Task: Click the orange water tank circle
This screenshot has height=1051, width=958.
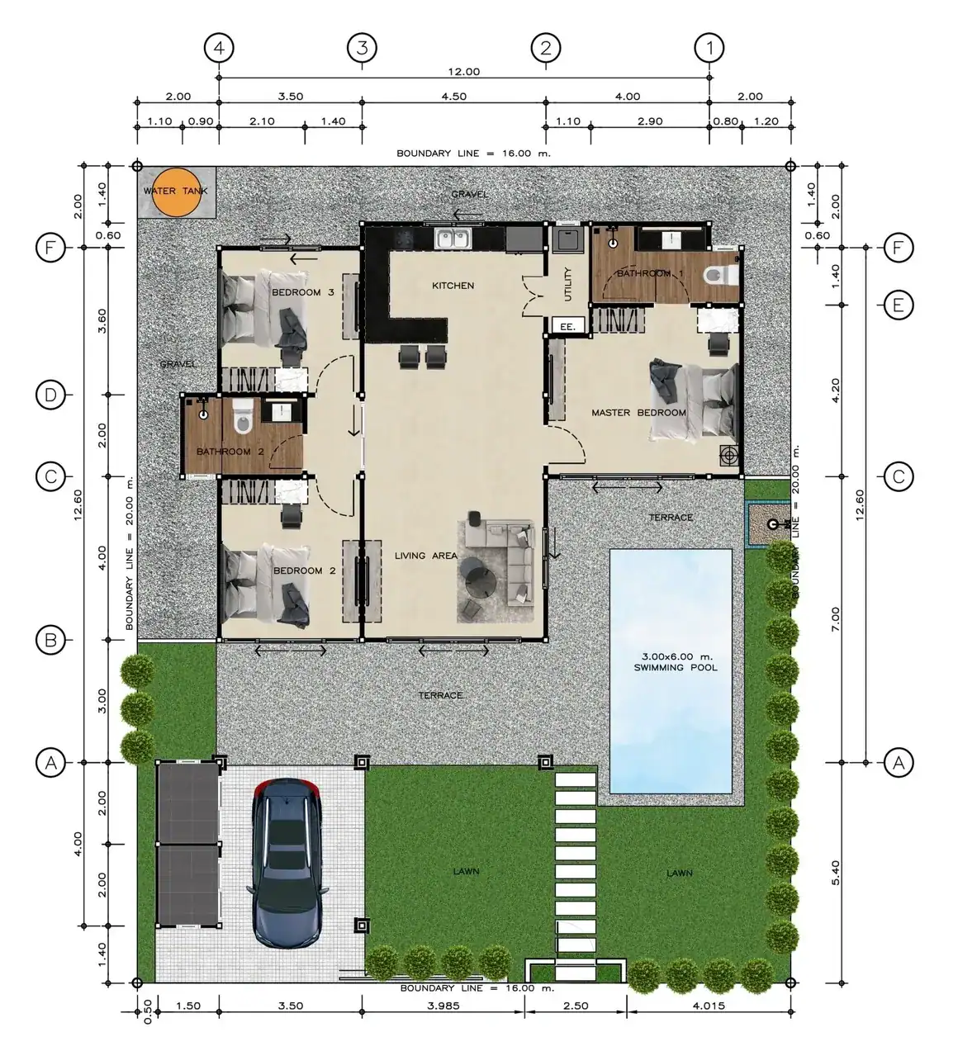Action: point(175,192)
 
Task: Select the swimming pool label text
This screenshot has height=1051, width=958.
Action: point(675,661)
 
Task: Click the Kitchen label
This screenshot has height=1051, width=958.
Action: point(453,286)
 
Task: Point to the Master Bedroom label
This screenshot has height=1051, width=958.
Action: point(638,412)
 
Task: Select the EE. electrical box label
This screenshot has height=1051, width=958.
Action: point(567,327)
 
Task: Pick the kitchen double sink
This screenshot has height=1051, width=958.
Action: point(453,239)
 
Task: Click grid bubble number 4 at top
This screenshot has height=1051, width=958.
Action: point(219,48)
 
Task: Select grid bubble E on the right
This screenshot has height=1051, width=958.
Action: point(899,305)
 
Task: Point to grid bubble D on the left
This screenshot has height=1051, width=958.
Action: point(51,395)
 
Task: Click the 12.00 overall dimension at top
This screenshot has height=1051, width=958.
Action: point(462,72)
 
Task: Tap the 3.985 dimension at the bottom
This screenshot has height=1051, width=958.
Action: point(444,1006)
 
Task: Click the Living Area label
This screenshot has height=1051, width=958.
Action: point(425,556)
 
